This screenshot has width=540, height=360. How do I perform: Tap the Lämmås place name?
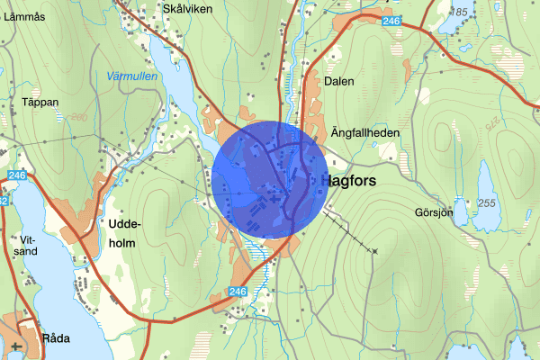coord(23,16)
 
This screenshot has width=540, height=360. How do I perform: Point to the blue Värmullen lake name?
coord(131,76)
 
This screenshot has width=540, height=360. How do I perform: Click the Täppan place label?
coord(40,103)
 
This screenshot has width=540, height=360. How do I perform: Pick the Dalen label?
coord(340,81)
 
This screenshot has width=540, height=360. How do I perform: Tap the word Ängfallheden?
coord(365,132)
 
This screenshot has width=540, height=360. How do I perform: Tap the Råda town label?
coord(55,339)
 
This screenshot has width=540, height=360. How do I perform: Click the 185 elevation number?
coord(462,12)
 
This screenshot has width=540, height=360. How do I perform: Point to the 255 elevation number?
coord(488,204)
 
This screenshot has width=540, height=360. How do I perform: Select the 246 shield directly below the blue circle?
coord(238,291)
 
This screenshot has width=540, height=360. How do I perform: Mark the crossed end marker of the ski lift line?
coord(375,250)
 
